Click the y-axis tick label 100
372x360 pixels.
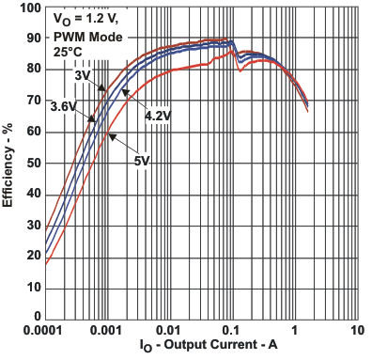[x=29, y=8]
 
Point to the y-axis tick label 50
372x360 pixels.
[x=33, y=164]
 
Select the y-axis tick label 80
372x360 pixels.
[x=33, y=70]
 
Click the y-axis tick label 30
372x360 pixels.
[x=33, y=226]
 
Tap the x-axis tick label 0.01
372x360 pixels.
[x=170, y=332]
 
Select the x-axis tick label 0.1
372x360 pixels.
[x=232, y=332]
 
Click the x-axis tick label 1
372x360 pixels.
[x=294, y=332]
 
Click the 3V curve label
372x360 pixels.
[x=83, y=74]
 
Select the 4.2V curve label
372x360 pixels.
[x=157, y=115]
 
